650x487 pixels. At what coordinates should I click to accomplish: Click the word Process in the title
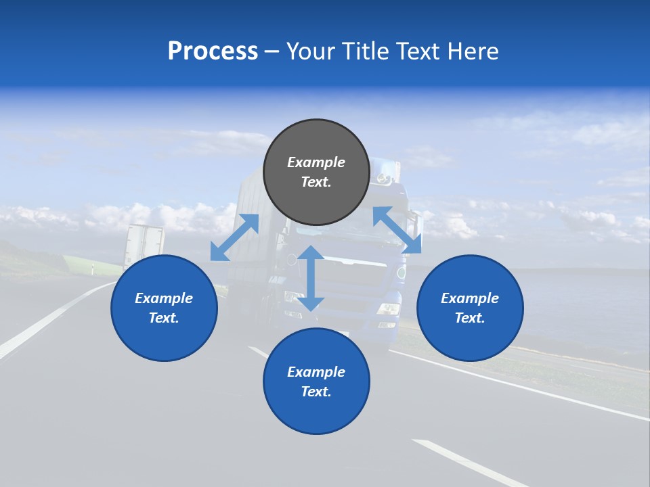tap(213, 51)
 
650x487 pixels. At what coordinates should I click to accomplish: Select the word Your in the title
tap(311, 51)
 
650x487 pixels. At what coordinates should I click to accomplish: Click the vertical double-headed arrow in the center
tap(311, 279)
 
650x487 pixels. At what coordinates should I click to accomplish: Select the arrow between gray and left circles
tap(234, 237)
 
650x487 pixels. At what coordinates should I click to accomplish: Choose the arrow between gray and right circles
tap(397, 230)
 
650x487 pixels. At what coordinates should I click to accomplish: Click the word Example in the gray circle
tap(316, 162)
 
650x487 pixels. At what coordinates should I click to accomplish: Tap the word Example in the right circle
tap(470, 298)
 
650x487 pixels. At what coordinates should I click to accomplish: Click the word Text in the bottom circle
tap(315, 392)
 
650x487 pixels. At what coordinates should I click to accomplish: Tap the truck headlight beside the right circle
tap(389, 308)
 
